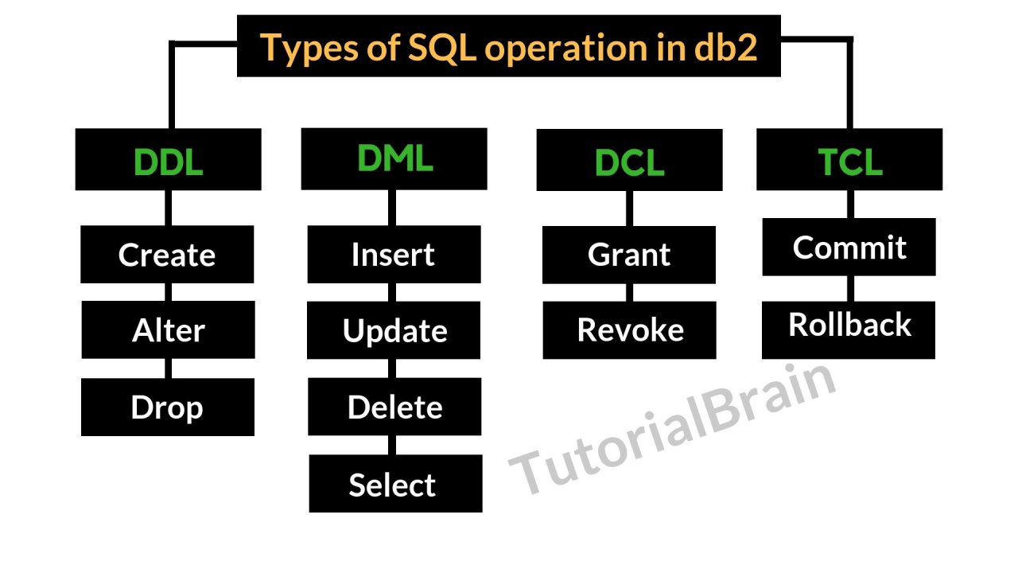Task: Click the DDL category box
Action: pyautogui.click(x=168, y=160)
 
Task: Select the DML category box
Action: pyautogui.click(x=394, y=158)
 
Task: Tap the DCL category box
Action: pyautogui.click(x=629, y=160)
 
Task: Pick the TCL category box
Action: pyautogui.click(x=849, y=160)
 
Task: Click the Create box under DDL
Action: pyautogui.click(x=167, y=255)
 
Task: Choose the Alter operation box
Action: pyautogui.click(x=168, y=329)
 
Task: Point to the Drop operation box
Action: pyautogui.click(x=167, y=407)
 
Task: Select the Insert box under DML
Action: pyautogui.click(x=394, y=255)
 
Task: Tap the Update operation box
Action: pyautogui.click(x=394, y=330)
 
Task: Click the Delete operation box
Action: pyautogui.click(x=394, y=407)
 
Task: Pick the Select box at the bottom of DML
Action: pyautogui.click(x=395, y=484)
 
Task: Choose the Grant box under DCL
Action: pyautogui.click(x=629, y=255)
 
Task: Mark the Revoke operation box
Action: pyautogui.click(x=629, y=329)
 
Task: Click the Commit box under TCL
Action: pyautogui.click(x=849, y=247)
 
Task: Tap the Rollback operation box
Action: pyautogui.click(x=849, y=325)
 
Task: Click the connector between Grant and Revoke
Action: pyautogui.click(x=629, y=292)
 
